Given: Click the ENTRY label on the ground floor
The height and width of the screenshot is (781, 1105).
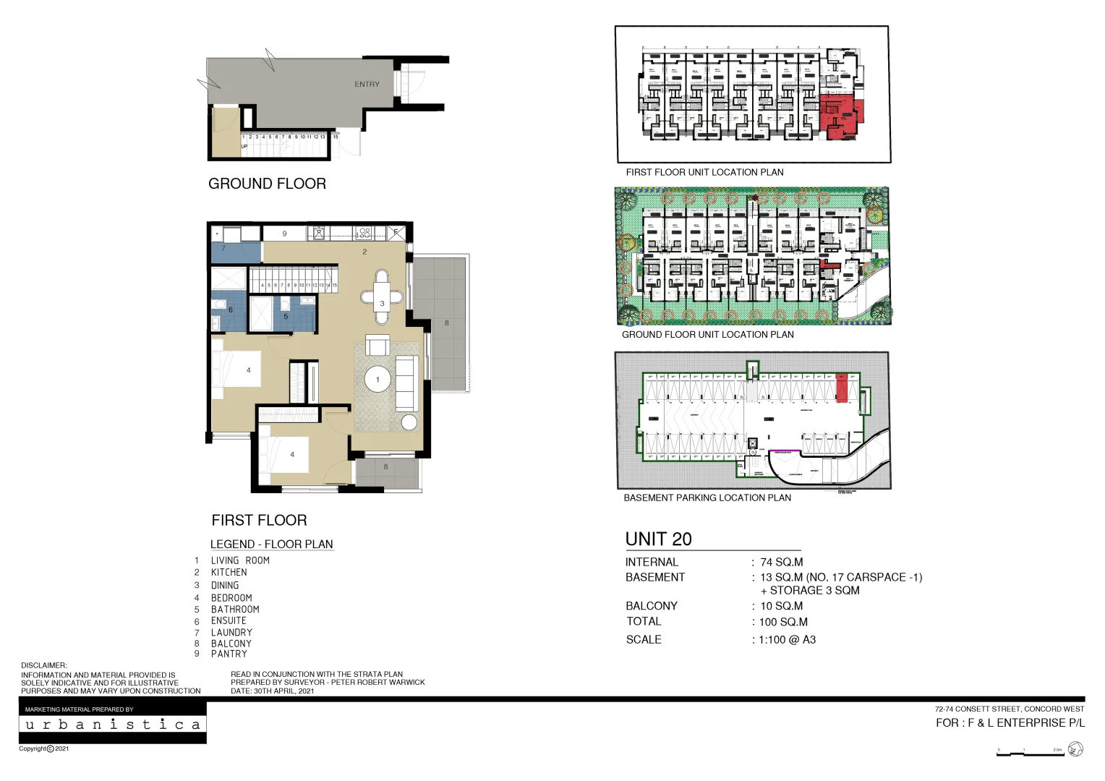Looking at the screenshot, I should click(367, 85).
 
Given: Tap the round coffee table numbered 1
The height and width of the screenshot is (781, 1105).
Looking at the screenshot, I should click(377, 380).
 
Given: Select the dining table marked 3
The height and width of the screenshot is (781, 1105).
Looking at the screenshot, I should click(382, 296).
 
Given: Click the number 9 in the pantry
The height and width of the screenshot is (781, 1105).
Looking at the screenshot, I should click(284, 234).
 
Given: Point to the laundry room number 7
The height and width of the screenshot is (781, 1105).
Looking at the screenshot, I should click(223, 248).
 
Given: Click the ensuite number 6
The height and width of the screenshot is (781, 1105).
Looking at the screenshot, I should click(231, 310).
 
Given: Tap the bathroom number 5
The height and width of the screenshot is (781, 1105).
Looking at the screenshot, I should click(286, 316).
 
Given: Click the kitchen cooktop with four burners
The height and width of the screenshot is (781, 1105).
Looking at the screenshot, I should click(364, 234).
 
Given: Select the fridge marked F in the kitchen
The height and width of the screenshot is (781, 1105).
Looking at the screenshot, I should click(396, 232).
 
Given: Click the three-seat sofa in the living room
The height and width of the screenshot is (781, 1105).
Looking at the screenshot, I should click(406, 383).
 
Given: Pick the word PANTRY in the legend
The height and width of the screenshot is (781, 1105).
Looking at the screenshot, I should click(229, 654).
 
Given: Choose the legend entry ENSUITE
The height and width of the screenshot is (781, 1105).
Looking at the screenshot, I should click(229, 620).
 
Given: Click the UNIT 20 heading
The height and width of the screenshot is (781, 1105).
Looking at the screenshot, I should click(658, 539).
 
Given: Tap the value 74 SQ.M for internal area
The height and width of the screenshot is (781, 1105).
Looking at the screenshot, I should click(781, 562).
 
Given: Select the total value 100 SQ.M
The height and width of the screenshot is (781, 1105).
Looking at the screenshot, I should click(783, 622).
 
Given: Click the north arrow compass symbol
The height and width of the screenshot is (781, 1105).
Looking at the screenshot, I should click(1075, 750).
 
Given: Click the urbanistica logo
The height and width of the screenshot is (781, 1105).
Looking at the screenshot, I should click(113, 725).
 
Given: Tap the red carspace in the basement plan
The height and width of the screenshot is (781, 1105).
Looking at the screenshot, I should click(842, 388).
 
